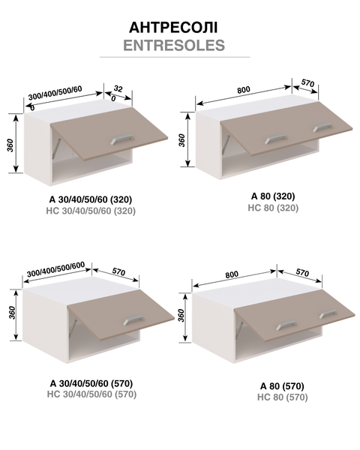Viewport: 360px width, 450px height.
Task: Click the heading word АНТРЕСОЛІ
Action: click(173, 28)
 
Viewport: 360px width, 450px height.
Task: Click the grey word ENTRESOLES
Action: click(174, 45)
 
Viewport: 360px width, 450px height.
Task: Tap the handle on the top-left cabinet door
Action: click(122, 139)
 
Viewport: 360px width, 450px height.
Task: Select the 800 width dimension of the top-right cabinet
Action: click(244, 90)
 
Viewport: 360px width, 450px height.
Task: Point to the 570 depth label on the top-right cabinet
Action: click(307, 83)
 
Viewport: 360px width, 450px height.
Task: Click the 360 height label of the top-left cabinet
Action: click(10, 145)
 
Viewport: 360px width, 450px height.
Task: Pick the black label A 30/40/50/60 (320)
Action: click(91, 199)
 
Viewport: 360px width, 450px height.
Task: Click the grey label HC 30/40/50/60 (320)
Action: click(91, 211)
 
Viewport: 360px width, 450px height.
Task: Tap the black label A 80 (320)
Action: click(273, 196)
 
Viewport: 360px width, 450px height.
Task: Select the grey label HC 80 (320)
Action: click(273, 208)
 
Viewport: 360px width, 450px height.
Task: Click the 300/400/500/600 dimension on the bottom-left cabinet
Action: click(56, 268)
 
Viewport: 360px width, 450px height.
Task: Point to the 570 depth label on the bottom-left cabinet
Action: click(118, 271)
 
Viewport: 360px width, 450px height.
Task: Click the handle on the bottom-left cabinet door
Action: click(133, 320)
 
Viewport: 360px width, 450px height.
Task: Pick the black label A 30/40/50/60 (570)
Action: click(91, 383)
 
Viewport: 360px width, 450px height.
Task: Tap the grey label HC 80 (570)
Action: click(283, 397)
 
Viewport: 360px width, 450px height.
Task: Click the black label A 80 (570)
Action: click(282, 386)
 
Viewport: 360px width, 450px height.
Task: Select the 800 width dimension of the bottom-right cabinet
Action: click(232, 274)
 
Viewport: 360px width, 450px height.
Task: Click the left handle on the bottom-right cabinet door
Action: click(286, 325)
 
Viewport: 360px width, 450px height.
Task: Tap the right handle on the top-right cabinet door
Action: click(322, 127)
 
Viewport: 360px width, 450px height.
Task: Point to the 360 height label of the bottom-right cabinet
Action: click(181, 316)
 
